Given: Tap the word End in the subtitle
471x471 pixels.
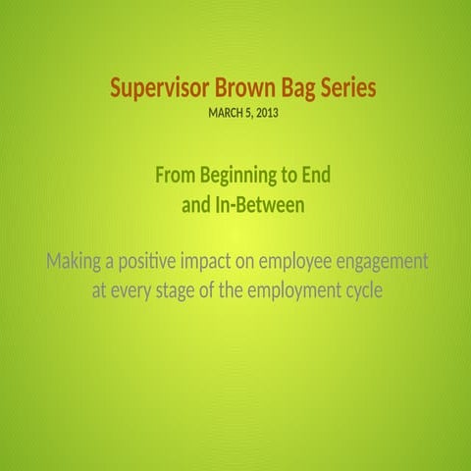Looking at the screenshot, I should coord(314,176).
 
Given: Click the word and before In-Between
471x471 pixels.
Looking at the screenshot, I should coord(197,206).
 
